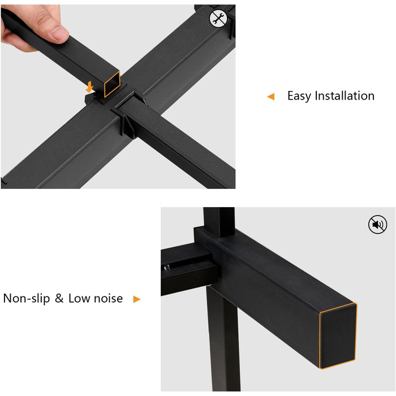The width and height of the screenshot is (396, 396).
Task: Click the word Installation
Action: pyautogui.click(x=345, y=96)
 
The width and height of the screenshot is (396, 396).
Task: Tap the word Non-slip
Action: pyautogui.click(x=27, y=298)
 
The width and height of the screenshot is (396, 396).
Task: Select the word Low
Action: pyautogui.click(x=79, y=298)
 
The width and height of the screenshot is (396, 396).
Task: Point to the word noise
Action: pyautogui.click(x=109, y=299)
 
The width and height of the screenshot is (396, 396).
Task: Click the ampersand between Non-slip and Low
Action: pyautogui.click(x=59, y=298)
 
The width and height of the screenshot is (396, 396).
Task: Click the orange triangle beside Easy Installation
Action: pyautogui.click(x=271, y=97)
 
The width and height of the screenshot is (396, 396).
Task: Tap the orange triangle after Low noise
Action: pyautogui.click(x=137, y=299)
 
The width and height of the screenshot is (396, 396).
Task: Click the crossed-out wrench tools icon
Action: pyautogui.click(x=218, y=19)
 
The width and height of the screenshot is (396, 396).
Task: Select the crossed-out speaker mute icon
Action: pyautogui.click(x=377, y=225)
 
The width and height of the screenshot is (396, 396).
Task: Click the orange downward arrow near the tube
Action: pyautogui.click(x=89, y=87)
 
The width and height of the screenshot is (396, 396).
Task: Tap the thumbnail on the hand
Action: pyautogui.click(x=59, y=33)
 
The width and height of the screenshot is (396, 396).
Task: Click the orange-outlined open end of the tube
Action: pyautogui.click(x=112, y=84)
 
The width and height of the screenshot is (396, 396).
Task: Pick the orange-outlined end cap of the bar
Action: pyautogui.click(x=338, y=336)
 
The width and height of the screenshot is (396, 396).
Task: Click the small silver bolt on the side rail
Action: pyautogui.click(x=167, y=267)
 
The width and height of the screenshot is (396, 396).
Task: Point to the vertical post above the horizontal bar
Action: pyautogui.click(x=219, y=222)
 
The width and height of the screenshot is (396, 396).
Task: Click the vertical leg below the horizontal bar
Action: pyautogui.click(x=223, y=338)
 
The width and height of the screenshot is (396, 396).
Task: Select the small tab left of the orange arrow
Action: pyautogui.click(x=89, y=98)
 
